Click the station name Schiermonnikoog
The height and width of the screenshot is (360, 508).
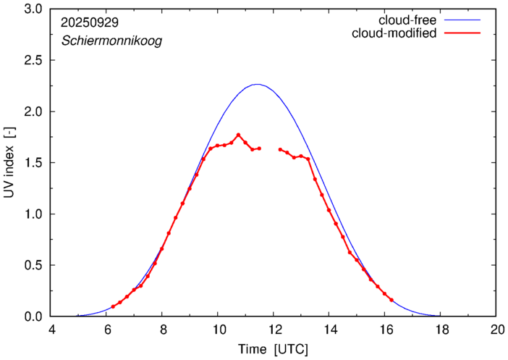(x=111, y=41)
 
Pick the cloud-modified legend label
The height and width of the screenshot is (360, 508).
(x=394, y=33)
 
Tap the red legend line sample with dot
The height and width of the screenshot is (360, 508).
(x=465, y=34)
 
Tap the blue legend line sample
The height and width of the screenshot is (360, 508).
(x=465, y=20)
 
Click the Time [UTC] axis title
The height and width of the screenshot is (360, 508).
(x=274, y=349)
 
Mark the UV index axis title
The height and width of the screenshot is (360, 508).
(x=10, y=163)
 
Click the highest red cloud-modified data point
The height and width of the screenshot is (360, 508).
(x=238, y=135)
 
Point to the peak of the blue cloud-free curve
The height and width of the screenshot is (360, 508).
(x=257, y=84)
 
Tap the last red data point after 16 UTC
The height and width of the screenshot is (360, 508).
(x=391, y=300)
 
